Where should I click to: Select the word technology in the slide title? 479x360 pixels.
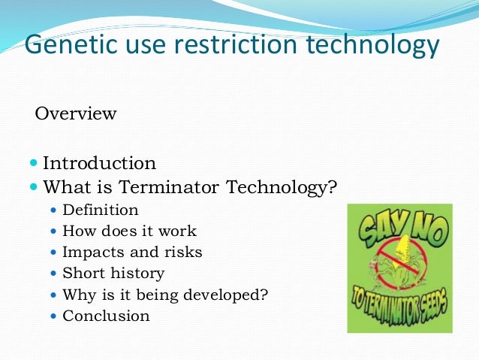pos(375,46)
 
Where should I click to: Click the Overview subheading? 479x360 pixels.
pos(76,114)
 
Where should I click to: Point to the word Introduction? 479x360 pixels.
pos(99,163)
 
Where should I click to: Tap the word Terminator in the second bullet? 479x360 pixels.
pos(188,186)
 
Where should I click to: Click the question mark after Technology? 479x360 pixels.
pos(333,186)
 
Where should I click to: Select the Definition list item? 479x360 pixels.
pos(101,210)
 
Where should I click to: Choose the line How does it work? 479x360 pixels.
pos(129,231)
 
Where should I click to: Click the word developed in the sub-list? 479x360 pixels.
pos(226,295)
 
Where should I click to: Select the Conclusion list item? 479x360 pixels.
pos(106,316)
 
